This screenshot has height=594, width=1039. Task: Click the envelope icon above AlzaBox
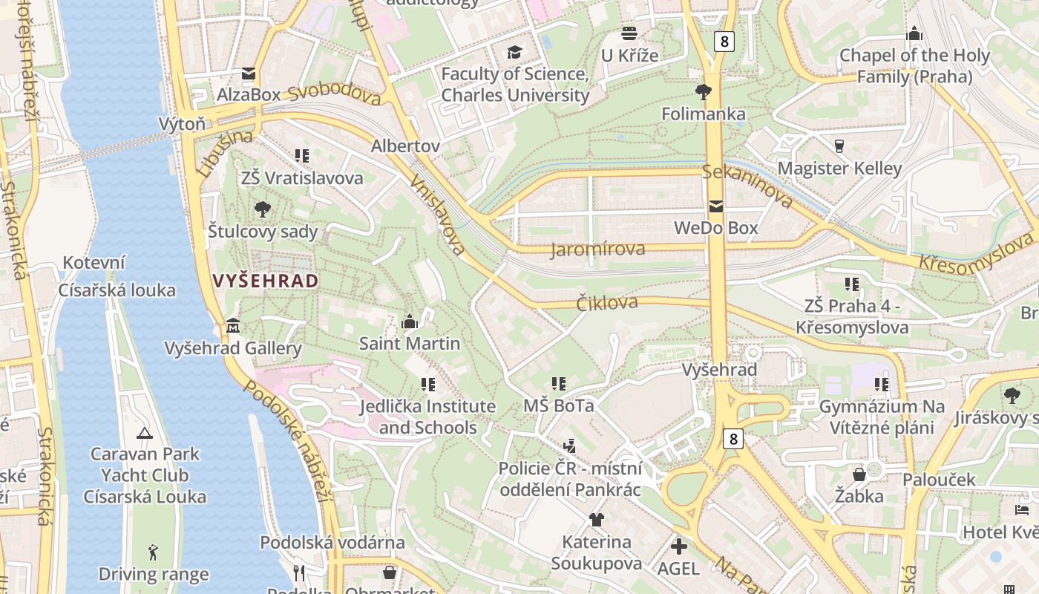pos(249,74)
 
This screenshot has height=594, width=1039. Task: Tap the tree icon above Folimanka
pos(703,92)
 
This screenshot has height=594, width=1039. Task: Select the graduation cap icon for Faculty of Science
pos(514,52)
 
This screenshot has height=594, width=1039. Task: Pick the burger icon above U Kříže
pos(629,33)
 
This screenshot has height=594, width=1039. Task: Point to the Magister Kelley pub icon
pos(839,146)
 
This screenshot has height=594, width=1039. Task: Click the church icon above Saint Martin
pos(409,322)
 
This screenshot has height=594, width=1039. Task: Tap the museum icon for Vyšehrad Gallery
pos(233,326)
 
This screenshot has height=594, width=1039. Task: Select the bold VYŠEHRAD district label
pos(265,281)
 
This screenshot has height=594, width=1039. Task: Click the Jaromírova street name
pos(597,249)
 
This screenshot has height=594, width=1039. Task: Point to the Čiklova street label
pos(607,302)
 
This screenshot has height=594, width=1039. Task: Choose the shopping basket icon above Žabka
pos(859,474)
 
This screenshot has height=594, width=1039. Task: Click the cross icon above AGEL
pos(678,546)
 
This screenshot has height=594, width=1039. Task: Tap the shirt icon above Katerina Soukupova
pos(596,520)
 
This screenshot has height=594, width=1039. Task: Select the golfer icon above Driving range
pos(153,552)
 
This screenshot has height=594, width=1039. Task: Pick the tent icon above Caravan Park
pos(145,432)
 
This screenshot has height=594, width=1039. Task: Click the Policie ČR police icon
pos(569,446)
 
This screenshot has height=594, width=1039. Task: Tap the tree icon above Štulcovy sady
pos(262,209)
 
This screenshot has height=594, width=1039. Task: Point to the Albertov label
pos(405,146)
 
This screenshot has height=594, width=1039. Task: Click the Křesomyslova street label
pos(976,252)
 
